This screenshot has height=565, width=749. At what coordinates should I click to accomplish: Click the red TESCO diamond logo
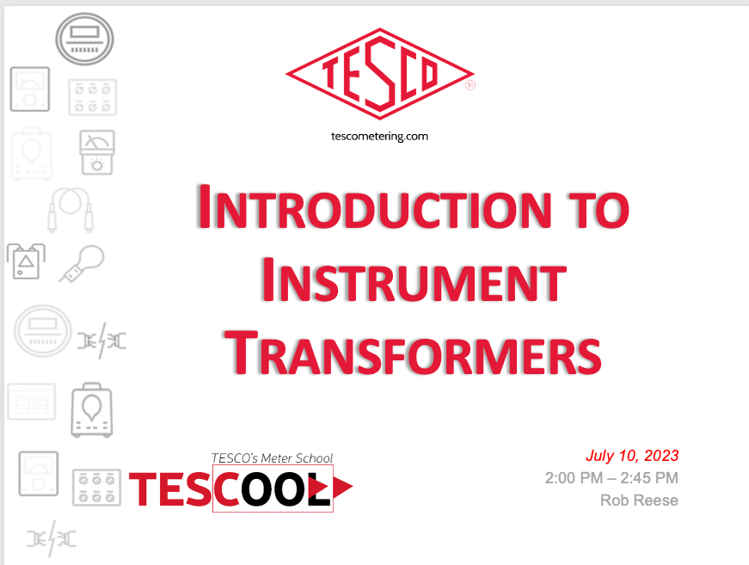coord(380,74)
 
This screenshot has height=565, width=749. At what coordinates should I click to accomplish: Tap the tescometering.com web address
coord(380,137)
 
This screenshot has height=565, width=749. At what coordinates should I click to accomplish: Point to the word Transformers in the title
coord(413,353)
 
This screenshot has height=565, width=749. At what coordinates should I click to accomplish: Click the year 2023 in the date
coord(661,456)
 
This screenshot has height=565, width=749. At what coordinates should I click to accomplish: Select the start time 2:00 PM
coord(574,477)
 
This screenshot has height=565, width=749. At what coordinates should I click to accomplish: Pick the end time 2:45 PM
coord(649,477)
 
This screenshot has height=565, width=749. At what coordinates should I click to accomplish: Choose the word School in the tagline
coord(314,458)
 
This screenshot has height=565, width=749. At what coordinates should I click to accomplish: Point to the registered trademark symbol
coord(470,85)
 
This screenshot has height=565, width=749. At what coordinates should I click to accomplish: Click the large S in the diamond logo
coord(380,72)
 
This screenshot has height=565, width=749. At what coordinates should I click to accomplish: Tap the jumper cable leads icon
coord(71,210)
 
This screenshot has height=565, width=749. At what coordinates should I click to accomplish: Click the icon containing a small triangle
coord(26,261)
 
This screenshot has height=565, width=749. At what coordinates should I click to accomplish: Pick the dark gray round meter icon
coord(84,40)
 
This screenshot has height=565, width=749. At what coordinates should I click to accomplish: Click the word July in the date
coord(599,456)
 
